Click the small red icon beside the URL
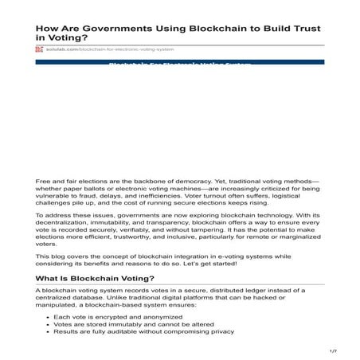click(x=39, y=49)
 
